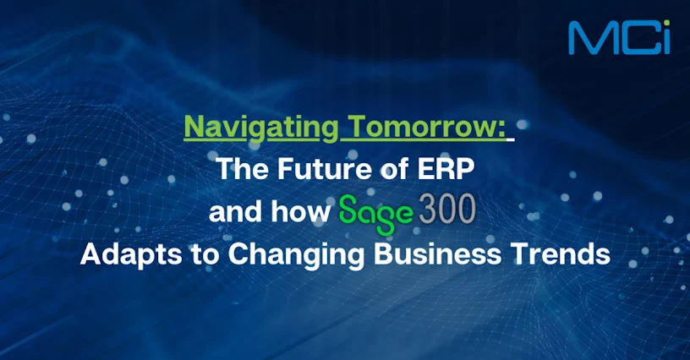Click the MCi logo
click(619, 38)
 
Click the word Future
click(325, 169)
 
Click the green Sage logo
click(376, 213)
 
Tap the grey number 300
click(447, 209)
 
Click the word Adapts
click(131, 254)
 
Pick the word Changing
click(297, 255)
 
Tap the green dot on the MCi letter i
click(666, 24)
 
